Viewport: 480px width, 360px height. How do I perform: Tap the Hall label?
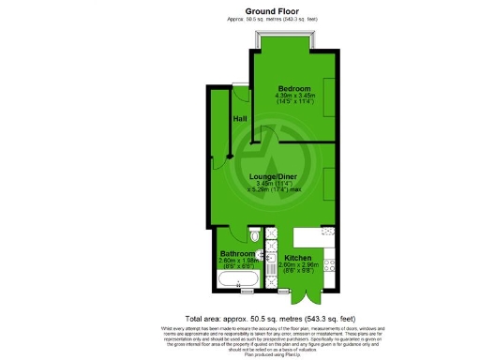(240, 118)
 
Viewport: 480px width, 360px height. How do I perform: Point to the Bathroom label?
(237, 253)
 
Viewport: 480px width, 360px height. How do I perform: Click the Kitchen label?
(299, 257)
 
